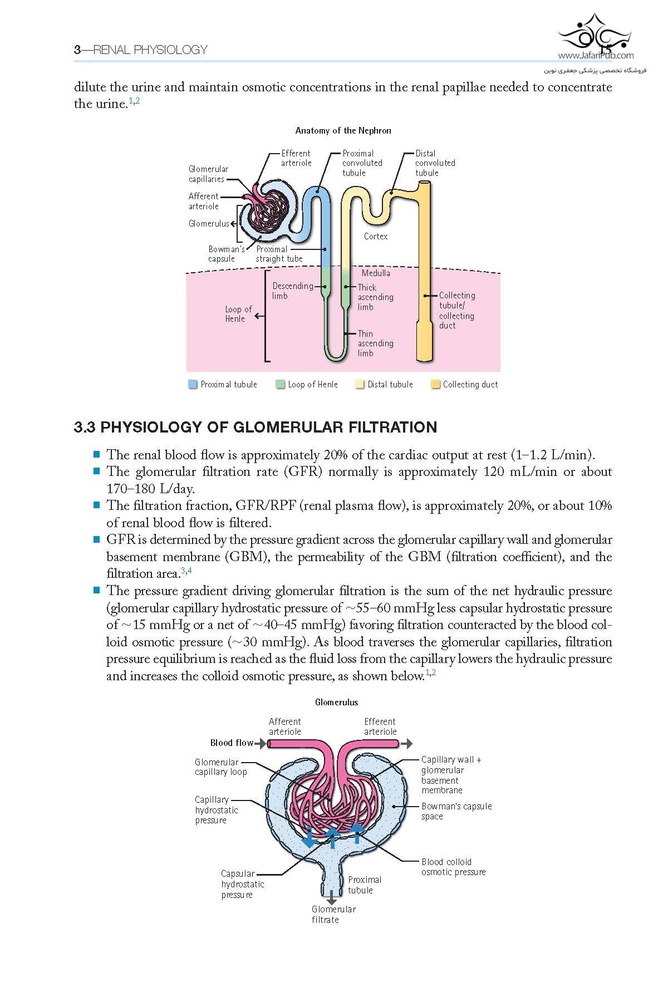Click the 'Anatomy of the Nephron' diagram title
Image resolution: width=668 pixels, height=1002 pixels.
[343, 131]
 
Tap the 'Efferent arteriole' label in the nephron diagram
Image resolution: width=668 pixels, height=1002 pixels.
[296, 158]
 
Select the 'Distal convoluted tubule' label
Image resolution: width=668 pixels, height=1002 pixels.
[435, 163]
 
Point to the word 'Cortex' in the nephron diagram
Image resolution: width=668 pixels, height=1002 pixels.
[376, 237]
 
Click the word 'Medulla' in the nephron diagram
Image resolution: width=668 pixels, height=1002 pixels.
[376, 273]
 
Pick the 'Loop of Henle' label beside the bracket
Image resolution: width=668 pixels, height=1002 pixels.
[238, 314]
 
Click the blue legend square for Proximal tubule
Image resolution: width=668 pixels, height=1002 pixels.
[193, 384]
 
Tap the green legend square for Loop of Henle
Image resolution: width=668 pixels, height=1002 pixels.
[281, 384]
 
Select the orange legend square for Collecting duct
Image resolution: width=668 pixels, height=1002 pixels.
[435, 384]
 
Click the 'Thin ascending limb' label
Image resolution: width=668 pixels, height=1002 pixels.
[376, 343]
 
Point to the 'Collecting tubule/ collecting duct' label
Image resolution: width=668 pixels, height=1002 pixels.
[457, 311]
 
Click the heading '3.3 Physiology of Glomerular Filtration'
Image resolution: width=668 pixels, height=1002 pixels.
[256, 428]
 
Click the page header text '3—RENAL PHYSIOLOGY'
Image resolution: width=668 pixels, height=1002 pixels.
[141, 50]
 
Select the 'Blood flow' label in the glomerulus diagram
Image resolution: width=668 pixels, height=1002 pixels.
[232, 743]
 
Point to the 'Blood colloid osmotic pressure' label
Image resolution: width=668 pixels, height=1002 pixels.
[453, 867]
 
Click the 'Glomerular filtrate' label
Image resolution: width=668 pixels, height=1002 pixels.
[333, 915]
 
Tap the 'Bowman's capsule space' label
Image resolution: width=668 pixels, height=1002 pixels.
[456, 812]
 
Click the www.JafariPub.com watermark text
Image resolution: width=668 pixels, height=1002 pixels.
[596, 56]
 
